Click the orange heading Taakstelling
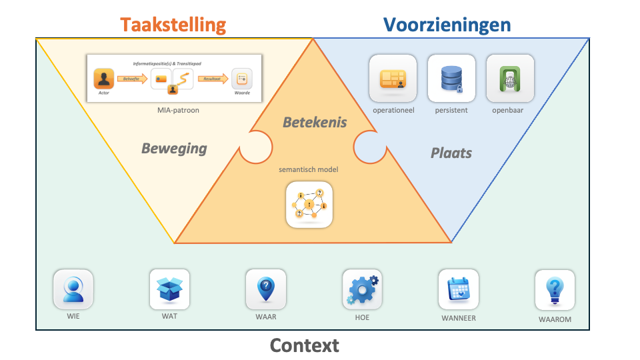(x=173, y=25)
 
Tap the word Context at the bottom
(x=304, y=345)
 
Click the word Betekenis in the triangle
(x=315, y=122)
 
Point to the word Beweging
(x=174, y=148)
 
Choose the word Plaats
(x=451, y=153)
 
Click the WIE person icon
(x=73, y=289)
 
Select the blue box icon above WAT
(x=169, y=289)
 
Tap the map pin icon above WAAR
(x=265, y=289)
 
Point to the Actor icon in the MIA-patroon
(x=103, y=79)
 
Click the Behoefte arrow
(x=131, y=79)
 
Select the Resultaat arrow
(x=213, y=79)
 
